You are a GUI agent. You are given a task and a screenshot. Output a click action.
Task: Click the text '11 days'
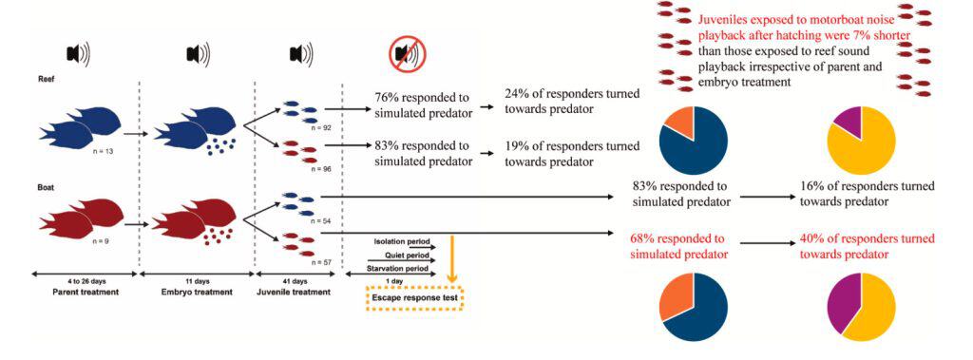point(198,282)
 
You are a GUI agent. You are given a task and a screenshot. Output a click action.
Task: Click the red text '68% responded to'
point(679,239)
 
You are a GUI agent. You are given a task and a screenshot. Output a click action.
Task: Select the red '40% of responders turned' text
point(868,239)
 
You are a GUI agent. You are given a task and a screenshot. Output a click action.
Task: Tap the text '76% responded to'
point(422,99)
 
